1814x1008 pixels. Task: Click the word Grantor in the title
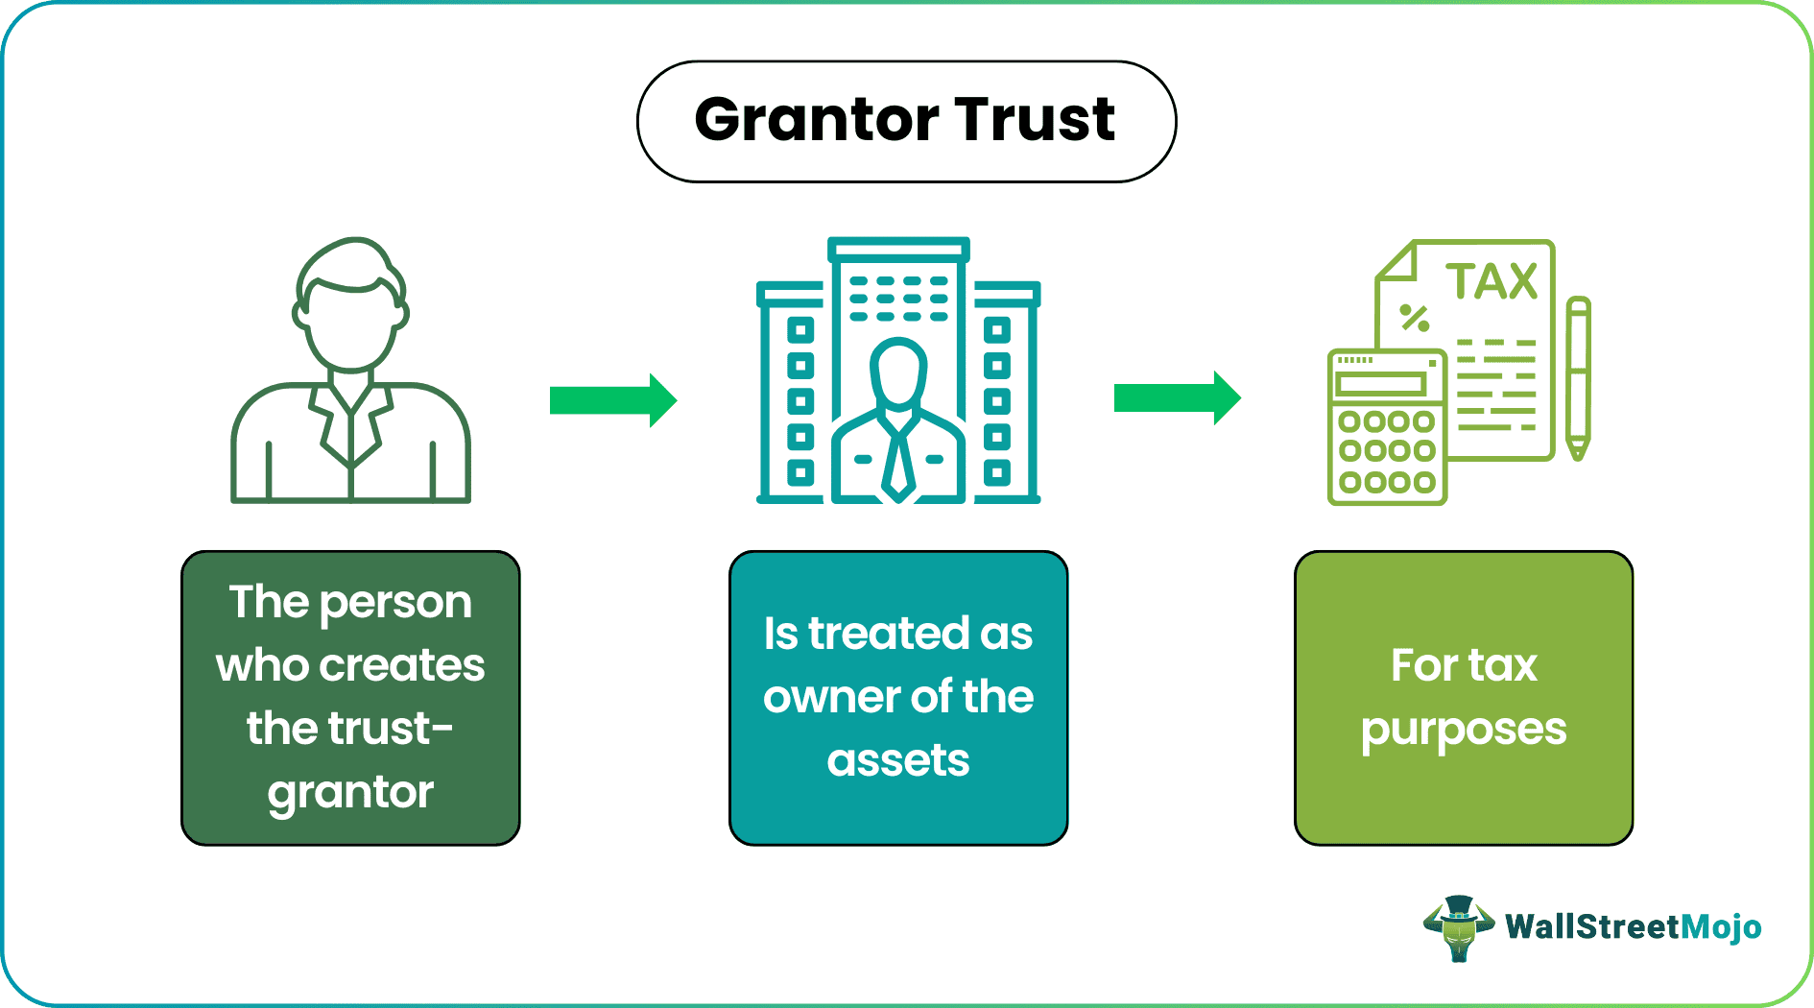click(817, 121)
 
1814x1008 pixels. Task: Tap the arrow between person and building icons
click(613, 400)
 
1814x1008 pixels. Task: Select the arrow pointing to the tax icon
click(1178, 397)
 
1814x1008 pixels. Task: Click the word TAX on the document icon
click(1492, 282)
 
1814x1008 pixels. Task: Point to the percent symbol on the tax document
click(1414, 318)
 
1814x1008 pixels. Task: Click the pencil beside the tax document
click(1578, 378)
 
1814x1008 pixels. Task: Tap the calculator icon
click(1387, 427)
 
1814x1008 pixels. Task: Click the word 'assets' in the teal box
click(898, 760)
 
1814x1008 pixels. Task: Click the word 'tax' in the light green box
click(1501, 665)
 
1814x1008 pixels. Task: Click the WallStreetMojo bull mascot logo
click(1459, 927)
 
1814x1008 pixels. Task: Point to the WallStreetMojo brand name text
click(1633, 927)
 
